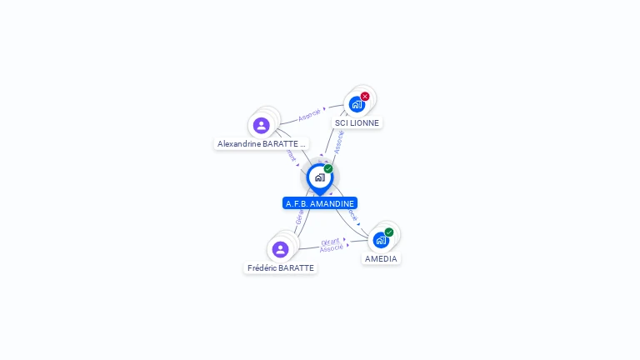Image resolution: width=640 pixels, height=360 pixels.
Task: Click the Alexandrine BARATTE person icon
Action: pos(262,125)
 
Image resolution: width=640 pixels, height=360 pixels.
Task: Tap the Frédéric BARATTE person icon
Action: pos(280,249)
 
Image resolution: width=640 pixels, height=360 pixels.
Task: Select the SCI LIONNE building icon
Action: pos(357,104)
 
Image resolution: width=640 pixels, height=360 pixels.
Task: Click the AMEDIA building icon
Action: pos(381,240)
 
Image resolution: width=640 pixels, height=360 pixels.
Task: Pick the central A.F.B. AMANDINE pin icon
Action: pos(319,177)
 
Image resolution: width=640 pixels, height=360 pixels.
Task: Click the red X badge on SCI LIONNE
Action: pos(365,97)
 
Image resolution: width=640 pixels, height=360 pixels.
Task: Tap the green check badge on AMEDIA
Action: pos(389,232)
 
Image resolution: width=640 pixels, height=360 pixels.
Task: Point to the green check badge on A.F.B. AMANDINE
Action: pos(328,169)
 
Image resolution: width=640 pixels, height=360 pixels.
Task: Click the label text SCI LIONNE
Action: pos(357,122)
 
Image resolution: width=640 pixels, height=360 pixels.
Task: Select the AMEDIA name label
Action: pos(381,258)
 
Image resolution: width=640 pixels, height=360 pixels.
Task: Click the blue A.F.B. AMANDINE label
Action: pos(320,203)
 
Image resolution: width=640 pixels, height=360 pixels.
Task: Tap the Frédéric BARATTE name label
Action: pos(281,268)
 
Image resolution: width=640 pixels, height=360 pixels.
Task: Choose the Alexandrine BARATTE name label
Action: pos(261,143)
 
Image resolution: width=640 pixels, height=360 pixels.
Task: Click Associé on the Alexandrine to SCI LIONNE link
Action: pos(309,114)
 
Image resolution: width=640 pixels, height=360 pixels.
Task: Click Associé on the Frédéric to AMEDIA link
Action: pos(331,248)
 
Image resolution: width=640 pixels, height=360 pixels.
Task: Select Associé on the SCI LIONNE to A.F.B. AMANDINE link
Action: pos(338,141)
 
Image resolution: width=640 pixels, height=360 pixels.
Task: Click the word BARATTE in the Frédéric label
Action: pos(297,268)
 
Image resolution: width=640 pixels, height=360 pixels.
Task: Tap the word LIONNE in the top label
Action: pos(363,122)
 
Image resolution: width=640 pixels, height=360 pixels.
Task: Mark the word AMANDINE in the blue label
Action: pos(332,203)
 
